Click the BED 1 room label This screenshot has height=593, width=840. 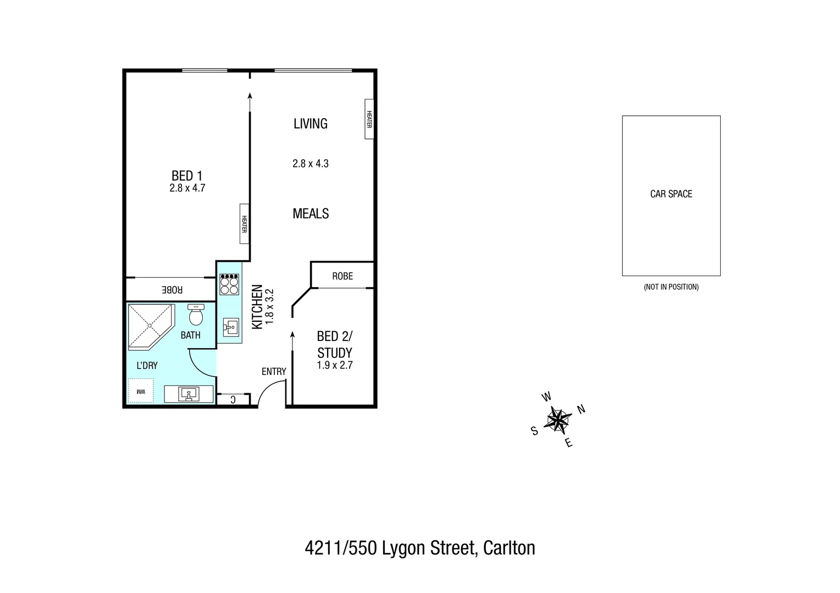click(x=187, y=176)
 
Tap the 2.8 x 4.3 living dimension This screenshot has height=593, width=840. click(x=311, y=164)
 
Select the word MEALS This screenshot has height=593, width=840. click(x=311, y=214)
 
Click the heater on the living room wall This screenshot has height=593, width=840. click(x=369, y=119)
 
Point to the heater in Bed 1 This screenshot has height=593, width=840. click(x=244, y=223)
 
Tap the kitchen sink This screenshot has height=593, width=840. click(x=230, y=328)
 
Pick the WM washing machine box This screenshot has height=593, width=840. click(x=141, y=391)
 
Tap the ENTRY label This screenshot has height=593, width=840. click(x=274, y=372)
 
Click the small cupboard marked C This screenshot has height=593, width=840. click(x=233, y=399)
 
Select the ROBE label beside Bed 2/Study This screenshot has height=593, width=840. click(x=342, y=276)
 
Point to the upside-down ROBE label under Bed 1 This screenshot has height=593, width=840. click(x=172, y=289)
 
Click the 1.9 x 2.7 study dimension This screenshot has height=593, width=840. click(x=335, y=365)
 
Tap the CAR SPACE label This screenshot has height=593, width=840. click(x=671, y=194)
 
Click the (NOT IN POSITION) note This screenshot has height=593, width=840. click(x=671, y=287)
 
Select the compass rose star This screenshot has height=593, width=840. click(x=558, y=420)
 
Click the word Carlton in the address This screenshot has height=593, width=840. click(x=509, y=548)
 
